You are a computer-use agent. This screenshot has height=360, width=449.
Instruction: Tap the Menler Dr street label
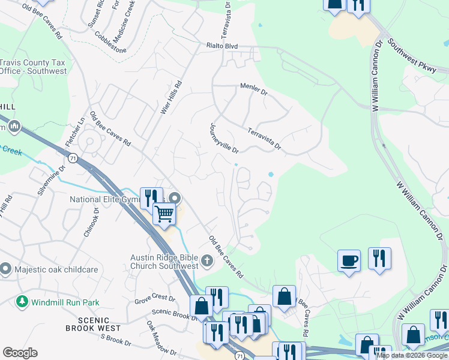click(253, 89)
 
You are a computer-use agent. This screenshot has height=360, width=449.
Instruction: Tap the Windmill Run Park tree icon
click(22, 302)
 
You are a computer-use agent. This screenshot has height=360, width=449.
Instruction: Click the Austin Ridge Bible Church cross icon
click(207, 260)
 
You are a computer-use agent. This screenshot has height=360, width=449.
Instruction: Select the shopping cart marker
click(164, 213)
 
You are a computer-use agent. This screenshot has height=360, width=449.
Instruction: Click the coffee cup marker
click(349, 261)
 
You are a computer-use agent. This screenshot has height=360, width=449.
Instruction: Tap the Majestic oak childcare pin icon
click(6, 269)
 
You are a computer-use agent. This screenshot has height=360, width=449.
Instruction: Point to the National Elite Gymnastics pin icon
click(175, 198)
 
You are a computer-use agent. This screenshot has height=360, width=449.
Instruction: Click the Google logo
click(20, 353)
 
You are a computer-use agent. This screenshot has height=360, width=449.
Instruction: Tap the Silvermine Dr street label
click(51, 180)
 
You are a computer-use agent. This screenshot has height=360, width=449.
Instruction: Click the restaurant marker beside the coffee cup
click(379, 259)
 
